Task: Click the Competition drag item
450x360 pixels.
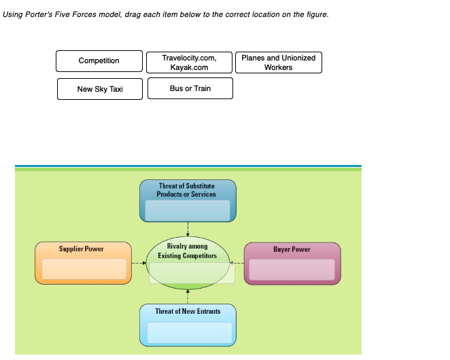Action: [99, 61]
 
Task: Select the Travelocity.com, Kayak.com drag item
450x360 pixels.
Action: [189, 62]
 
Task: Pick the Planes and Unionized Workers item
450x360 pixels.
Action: [278, 62]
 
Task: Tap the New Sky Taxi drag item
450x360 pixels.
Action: [100, 89]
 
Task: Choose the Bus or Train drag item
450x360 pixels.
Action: [190, 88]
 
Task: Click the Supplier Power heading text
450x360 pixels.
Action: [82, 249]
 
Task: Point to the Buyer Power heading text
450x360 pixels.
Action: [292, 249]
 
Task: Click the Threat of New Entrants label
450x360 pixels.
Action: [188, 311]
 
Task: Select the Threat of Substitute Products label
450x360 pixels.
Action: [187, 190]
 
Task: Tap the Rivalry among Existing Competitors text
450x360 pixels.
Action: [187, 251]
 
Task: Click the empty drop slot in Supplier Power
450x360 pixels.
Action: [84, 269]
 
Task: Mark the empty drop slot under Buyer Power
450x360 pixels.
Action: [292, 269]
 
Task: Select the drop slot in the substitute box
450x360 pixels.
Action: [188, 210]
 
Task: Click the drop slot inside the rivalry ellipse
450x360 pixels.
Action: [192, 273]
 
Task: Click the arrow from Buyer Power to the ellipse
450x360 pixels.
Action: [237, 262]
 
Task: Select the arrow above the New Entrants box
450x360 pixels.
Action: [188, 297]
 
